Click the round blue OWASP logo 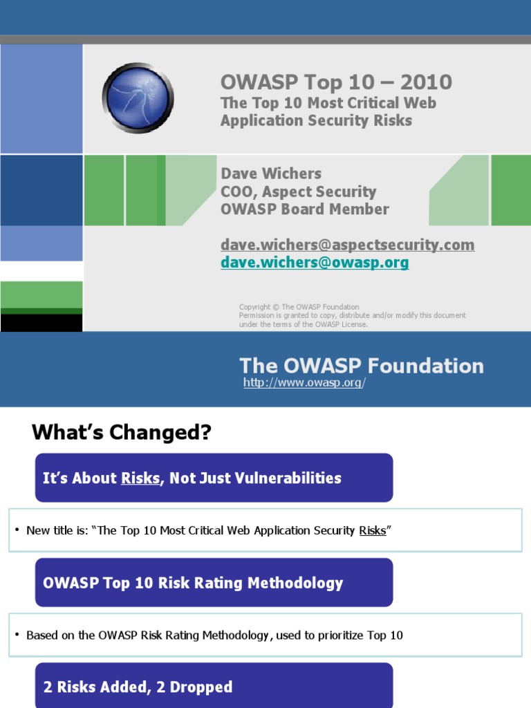click(138, 97)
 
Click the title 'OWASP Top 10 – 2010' click(336, 82)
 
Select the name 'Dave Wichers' click(271, 174)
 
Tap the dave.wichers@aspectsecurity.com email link click(347, 245)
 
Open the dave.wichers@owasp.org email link click(315, 263)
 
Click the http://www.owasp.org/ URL click(304, 383)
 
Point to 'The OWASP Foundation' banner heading click(361, 366)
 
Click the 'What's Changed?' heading click(122, 433)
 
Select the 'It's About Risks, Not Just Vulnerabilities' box click(214, 478)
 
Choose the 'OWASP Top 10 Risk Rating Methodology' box click(214, 583)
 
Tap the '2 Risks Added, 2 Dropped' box click(214, 687)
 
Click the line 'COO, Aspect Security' click(298, 192)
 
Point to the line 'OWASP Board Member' click(304, 209)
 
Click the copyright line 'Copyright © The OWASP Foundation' click(299, 307)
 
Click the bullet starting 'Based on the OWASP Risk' click(214, 635)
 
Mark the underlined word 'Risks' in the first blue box click(140, 478)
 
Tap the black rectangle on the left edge click(41, 323)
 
